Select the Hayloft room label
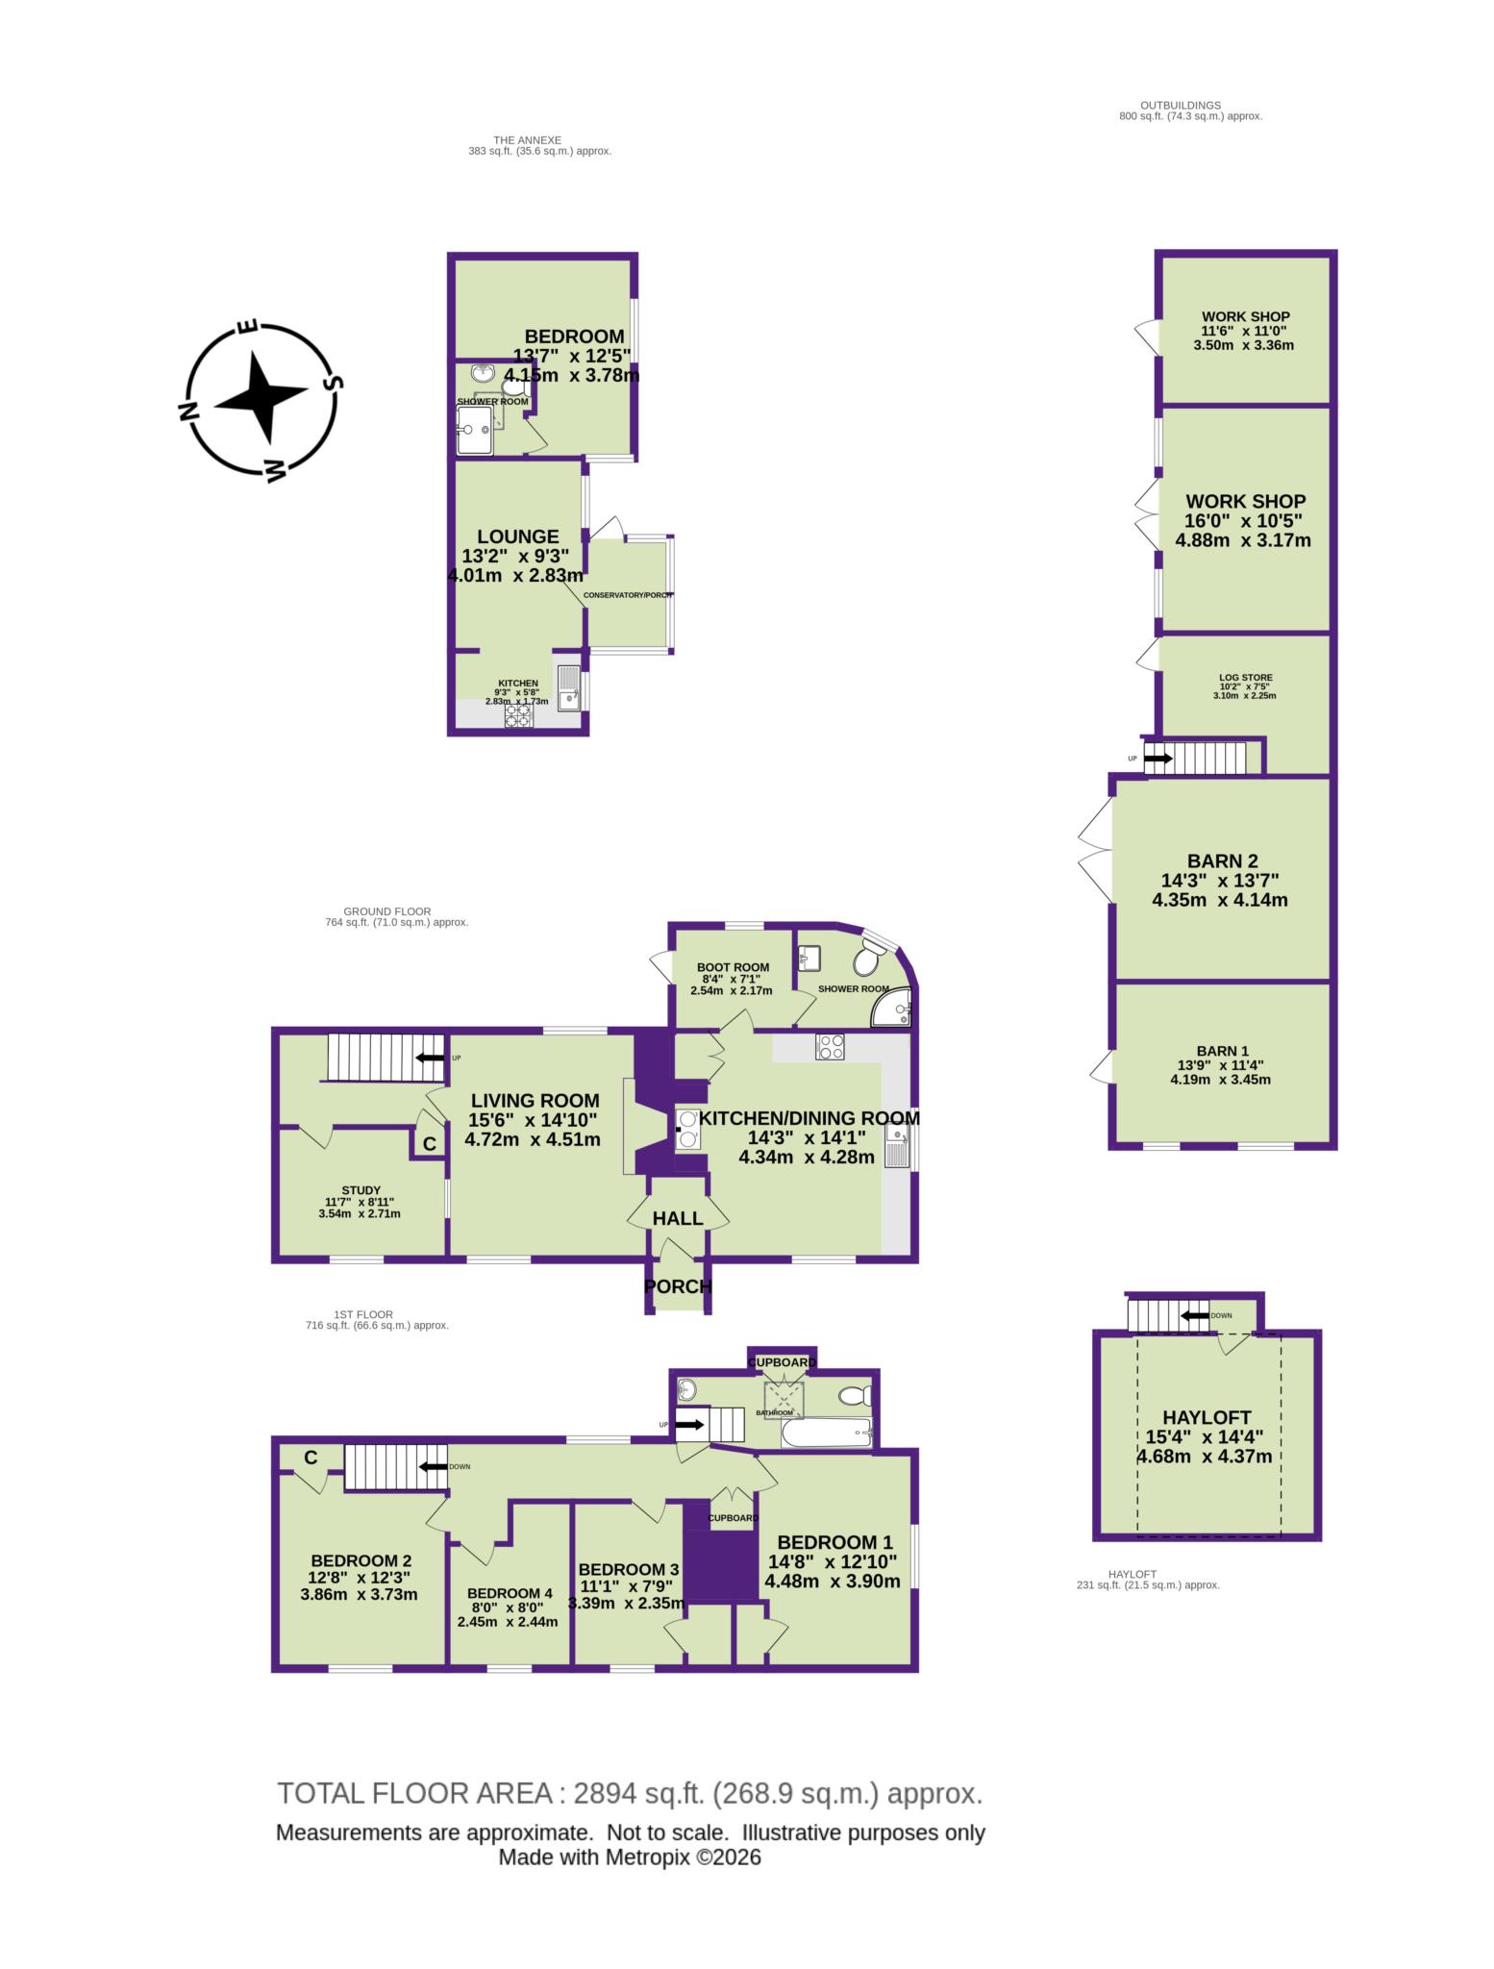[1207, 1417]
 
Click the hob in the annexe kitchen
[518, 716]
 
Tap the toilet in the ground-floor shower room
[869, 960]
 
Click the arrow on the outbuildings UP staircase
[1158, 759]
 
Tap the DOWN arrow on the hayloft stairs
[1195, 1315]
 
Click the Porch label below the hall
[678, 1286]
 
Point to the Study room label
[361, 1190]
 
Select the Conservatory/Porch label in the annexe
[628, 595]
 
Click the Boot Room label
[733, 967]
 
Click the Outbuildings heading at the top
[1180, 105]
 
